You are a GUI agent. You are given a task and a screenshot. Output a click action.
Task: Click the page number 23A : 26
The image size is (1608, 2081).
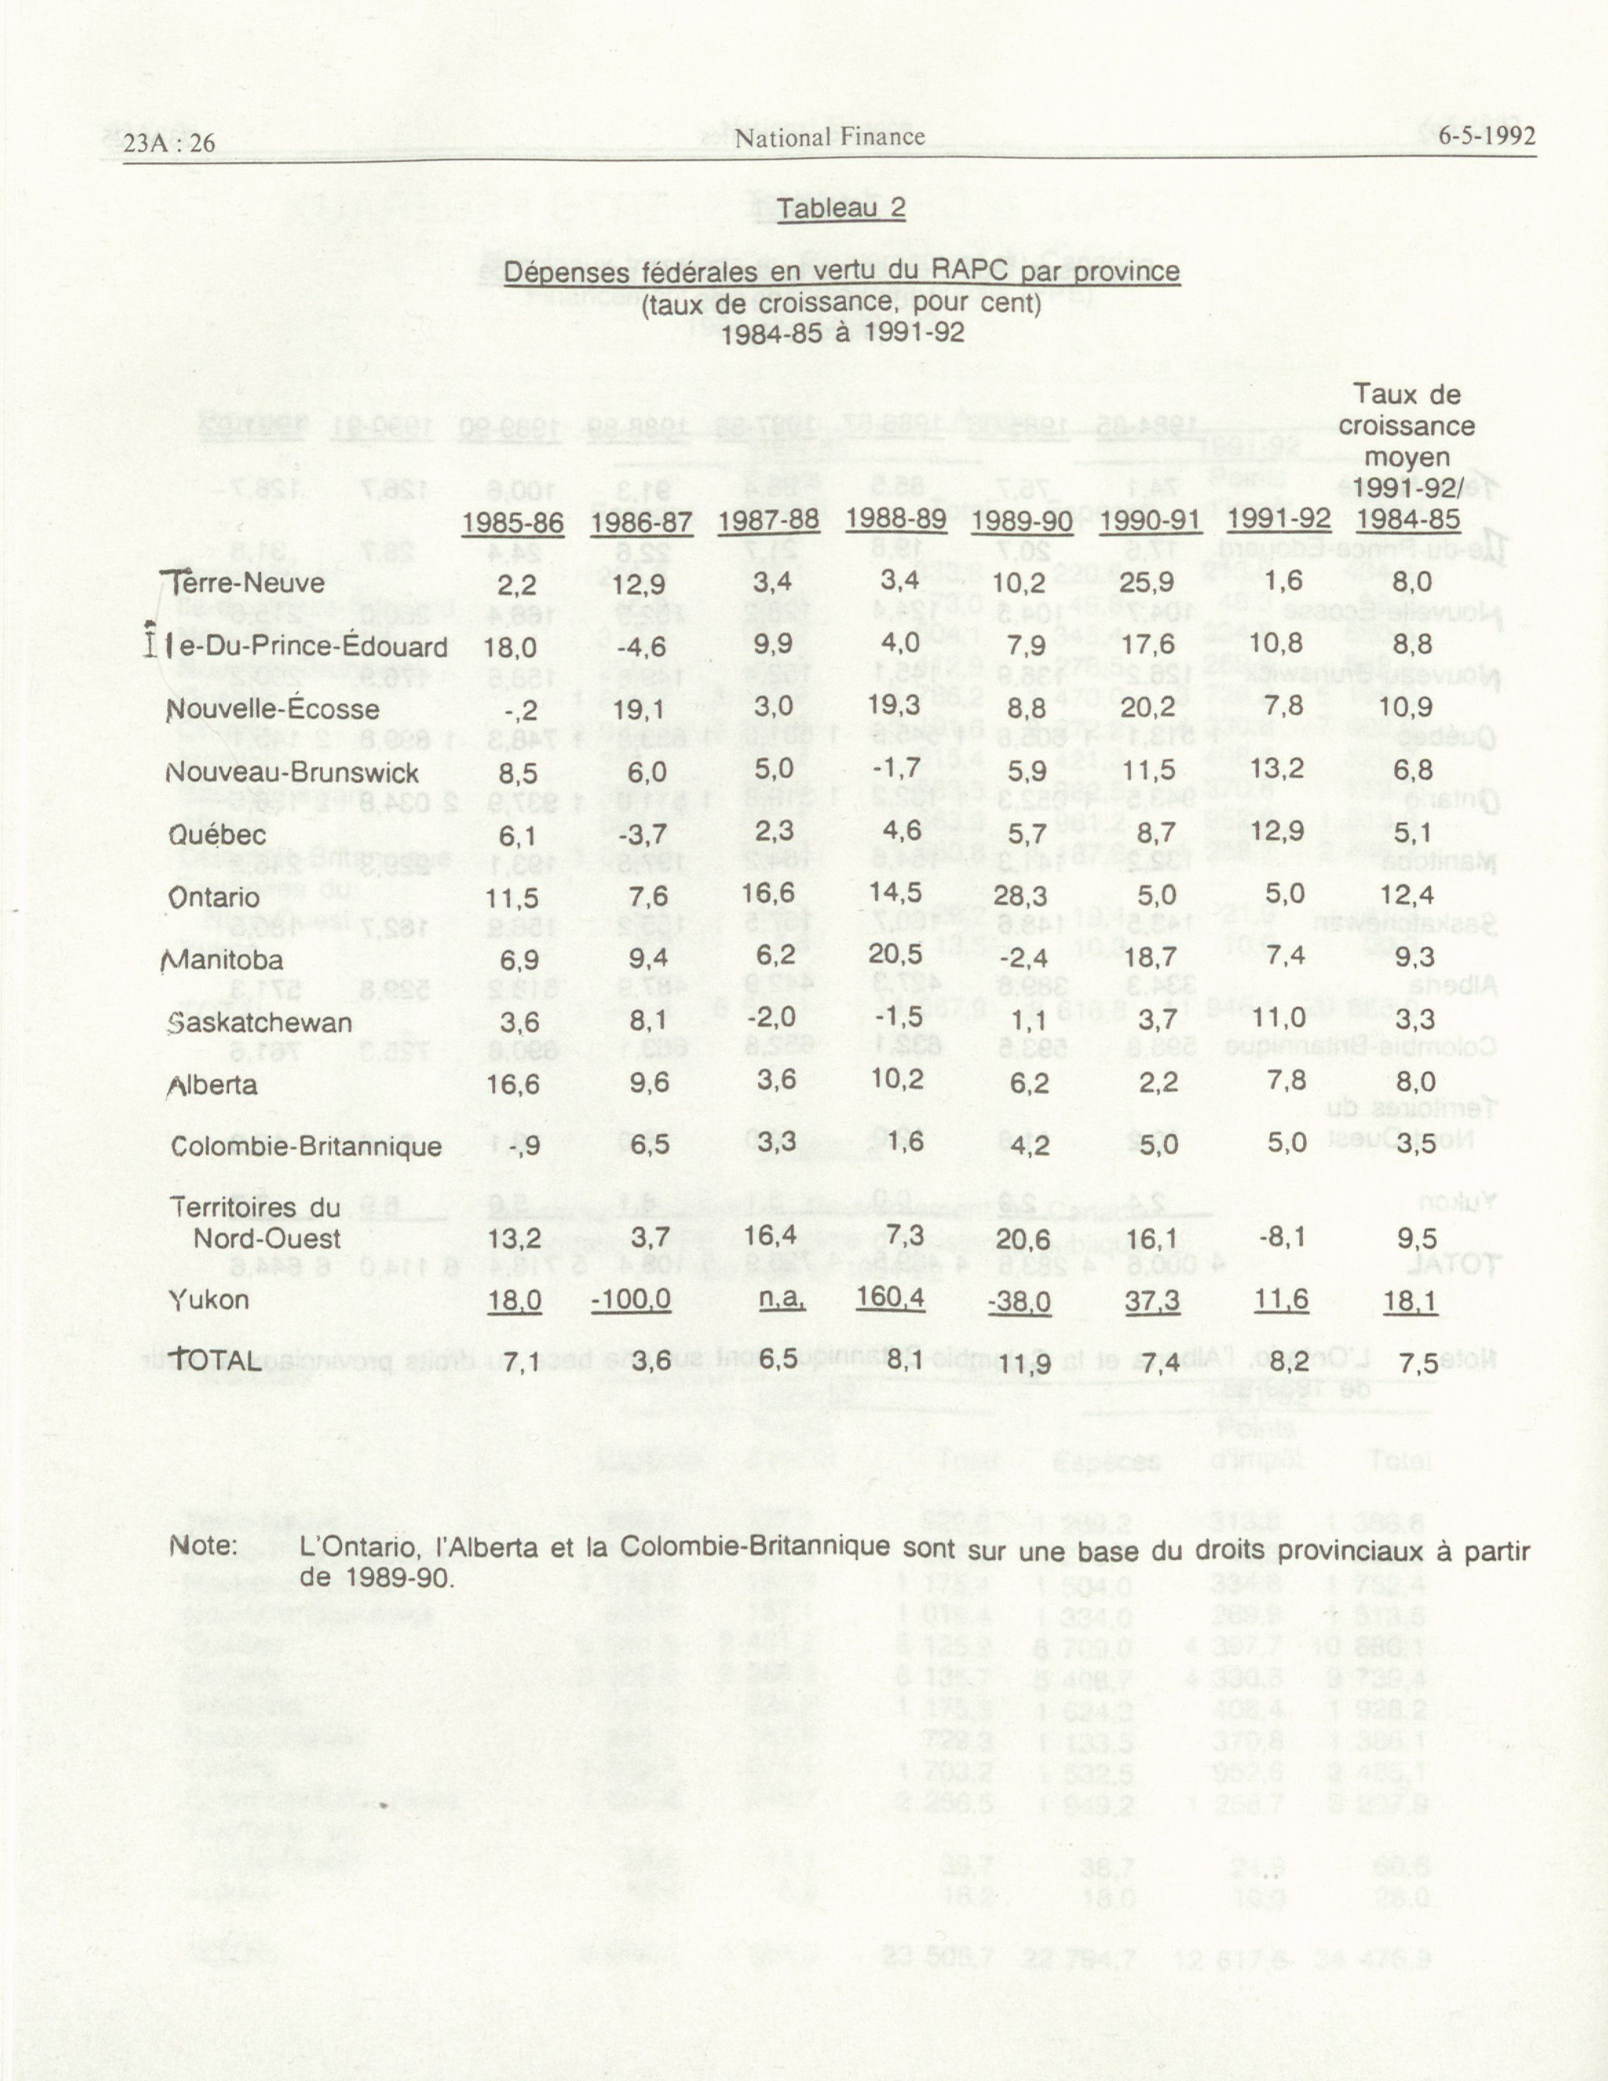pyautogui.click(x=169, y=143)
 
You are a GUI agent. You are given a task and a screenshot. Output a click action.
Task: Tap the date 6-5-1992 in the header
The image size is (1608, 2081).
pyautogui.click(x=1487, y=136)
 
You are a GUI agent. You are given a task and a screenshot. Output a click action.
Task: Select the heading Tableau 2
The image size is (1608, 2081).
pyautogui.click(x=840, y=209)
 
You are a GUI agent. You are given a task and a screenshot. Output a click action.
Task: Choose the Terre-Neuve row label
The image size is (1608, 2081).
pyautogui.click(x=245, y=582)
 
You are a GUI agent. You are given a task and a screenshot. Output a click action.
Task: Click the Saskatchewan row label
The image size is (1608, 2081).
pyautogui.click(x=260, y=1023)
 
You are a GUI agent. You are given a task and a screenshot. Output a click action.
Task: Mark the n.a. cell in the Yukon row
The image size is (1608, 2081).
pyautogui.click(x=781, y=1299)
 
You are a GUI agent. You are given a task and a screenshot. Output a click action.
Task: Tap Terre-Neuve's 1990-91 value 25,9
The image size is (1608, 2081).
pyautogui.click(x=1150, y=580)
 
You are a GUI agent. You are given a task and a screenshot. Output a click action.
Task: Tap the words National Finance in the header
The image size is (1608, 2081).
pyautogui.click(x=829, y=137)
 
